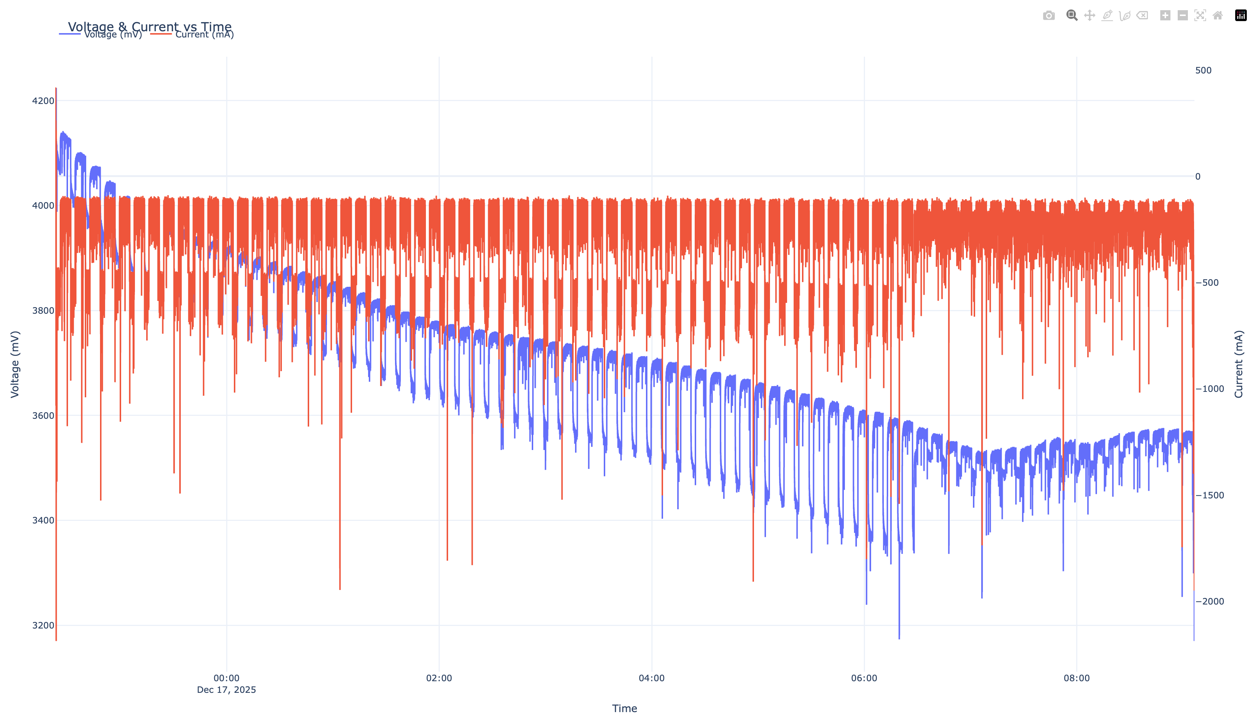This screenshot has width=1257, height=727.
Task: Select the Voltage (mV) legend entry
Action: (113, 35)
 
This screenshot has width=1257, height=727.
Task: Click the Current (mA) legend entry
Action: (204, 35)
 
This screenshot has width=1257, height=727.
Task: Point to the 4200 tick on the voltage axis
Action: (43, 101)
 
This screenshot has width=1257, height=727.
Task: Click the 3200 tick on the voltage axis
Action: (43, 625)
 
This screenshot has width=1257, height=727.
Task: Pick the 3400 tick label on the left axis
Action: (43, 521)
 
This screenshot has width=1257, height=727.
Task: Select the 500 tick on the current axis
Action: (1203, 70)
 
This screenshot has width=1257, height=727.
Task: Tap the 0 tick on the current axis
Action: (1198, 177)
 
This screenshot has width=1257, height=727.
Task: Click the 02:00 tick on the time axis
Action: (439, 678)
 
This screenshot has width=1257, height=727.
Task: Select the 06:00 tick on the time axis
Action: (864, 678)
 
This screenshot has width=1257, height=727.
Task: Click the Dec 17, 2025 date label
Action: (227, 690)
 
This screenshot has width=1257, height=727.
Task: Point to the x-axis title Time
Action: (624, 708)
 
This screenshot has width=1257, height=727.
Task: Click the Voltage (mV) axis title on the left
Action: (15, 364)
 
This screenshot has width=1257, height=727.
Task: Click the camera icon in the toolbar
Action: (1049, 16)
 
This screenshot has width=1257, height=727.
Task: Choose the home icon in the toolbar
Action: (1218, 16)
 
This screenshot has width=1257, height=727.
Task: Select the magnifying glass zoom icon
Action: (1072, 16)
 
